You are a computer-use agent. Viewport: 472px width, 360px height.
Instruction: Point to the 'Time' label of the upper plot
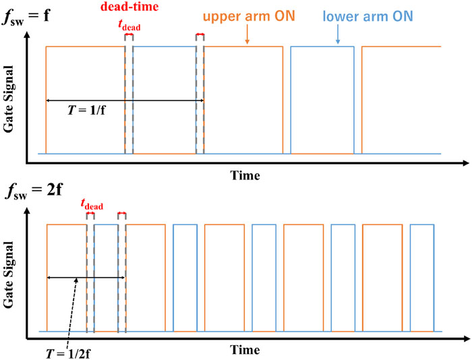[245, 175]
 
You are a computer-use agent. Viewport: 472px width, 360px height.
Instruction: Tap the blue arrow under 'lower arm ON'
[338, 38]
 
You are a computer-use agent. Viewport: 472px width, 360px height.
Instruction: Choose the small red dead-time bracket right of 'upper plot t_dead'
[200, 34]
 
